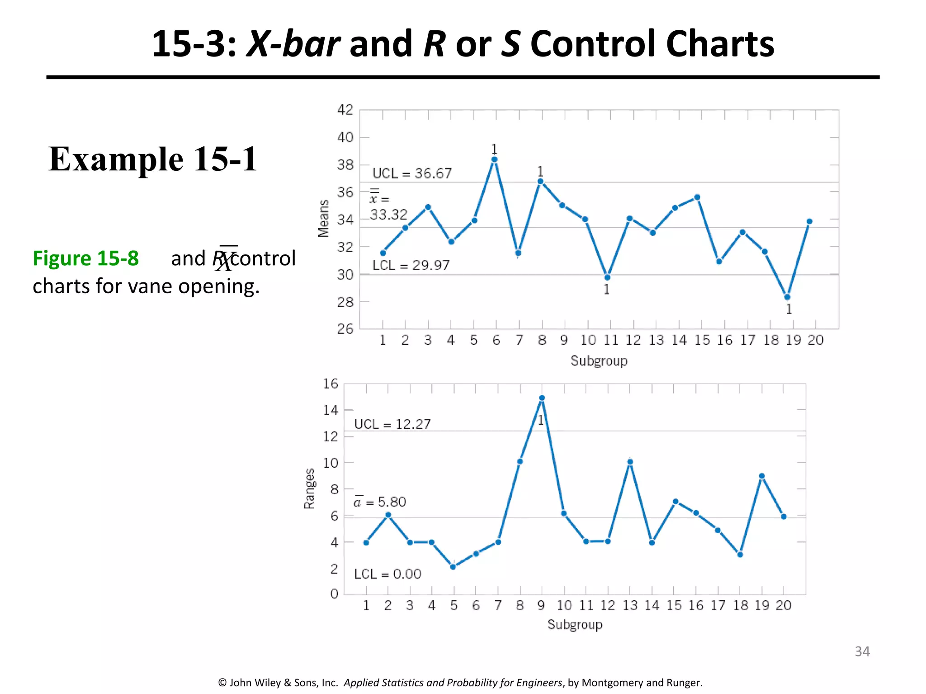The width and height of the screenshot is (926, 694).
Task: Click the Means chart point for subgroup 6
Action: point(494,159)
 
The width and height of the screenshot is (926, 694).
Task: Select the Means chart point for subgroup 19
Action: point(787,297)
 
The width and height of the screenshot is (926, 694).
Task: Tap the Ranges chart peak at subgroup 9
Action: point(542,398)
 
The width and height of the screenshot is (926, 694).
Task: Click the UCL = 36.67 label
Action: point(412,173)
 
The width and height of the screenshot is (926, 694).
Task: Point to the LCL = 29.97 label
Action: point(411,265)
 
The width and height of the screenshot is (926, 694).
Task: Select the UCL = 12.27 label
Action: point(392,424)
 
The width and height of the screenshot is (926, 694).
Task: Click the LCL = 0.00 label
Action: point(387,574)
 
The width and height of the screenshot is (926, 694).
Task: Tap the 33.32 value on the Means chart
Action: point(388,215)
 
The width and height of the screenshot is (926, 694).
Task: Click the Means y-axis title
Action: point(323,218)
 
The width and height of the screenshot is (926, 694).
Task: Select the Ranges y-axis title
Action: point(309,489)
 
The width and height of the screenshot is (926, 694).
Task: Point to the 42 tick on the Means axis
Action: point(345,110)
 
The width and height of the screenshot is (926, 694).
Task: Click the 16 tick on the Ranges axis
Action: point(331,384)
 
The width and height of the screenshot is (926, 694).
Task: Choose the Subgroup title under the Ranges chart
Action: point(575,624)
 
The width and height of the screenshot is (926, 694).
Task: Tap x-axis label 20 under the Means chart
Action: point(816,340)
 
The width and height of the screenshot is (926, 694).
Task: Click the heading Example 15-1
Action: point(153,159)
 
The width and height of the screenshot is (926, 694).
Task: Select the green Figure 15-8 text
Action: point(86,258)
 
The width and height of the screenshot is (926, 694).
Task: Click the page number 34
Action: point(862,651)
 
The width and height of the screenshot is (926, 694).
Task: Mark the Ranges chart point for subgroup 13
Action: point(630,462)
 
